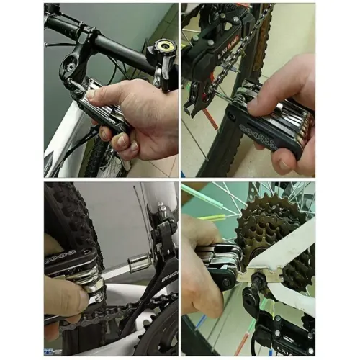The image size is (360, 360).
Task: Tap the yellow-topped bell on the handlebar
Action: point(160,53)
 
